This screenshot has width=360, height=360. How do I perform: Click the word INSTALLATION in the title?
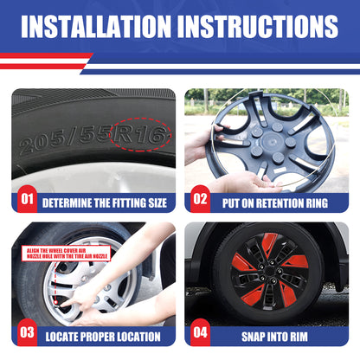coord(102,27)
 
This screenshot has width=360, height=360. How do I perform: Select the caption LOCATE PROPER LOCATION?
coord(102,336)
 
